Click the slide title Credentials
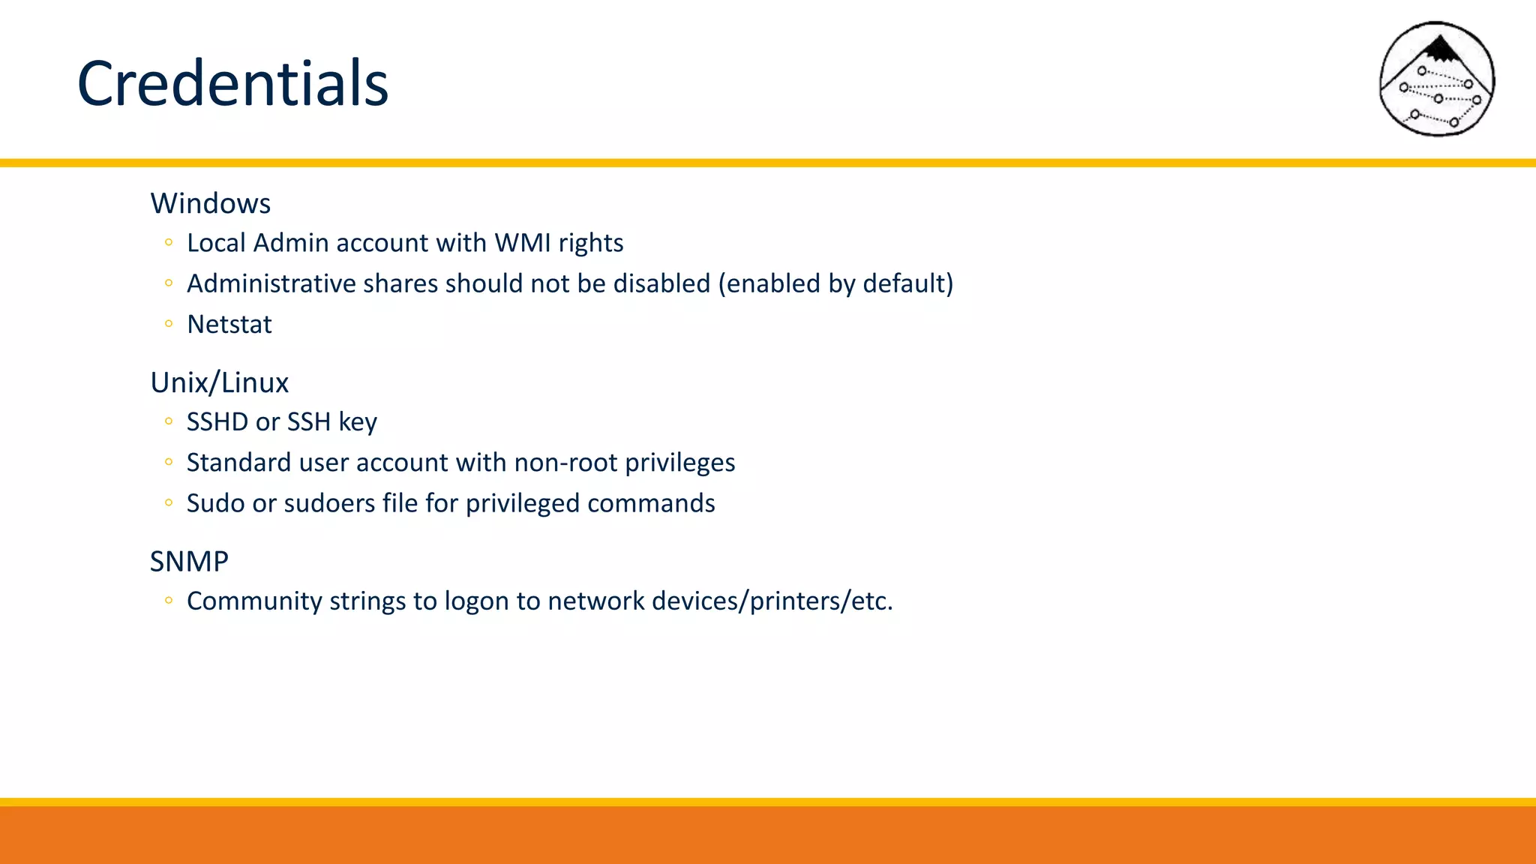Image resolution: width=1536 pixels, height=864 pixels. pos(232,83)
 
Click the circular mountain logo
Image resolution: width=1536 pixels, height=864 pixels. pos(1436,79)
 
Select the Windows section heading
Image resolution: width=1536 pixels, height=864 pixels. pos(211,203)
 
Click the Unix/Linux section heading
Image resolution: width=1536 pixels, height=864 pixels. pos(219,382)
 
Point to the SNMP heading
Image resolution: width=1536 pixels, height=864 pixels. pos(189,561)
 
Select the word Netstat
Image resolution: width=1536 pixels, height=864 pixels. pos(229,324)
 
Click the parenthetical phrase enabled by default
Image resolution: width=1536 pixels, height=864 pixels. pos(835,283)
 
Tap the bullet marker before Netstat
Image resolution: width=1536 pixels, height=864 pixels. pos(169,324)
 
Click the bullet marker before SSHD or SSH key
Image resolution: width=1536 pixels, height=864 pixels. pos(169,421)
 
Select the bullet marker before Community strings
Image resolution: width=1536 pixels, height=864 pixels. pos(169,600)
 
